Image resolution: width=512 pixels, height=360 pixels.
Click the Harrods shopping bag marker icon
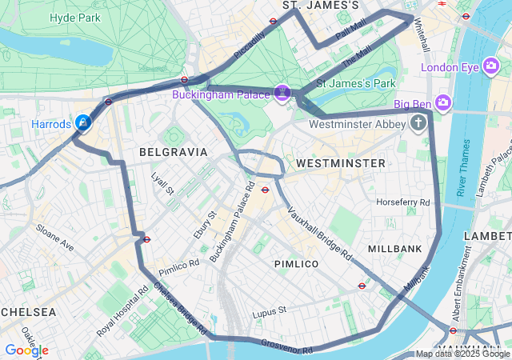(x=82, y=122)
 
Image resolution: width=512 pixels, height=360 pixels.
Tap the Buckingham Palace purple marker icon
(x=282, y=94)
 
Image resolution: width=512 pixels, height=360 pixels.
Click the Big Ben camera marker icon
(x=444, y=103)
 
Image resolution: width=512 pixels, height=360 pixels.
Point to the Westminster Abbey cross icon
(x=418, y=123)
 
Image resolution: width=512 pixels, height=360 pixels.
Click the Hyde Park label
(x=74, y=17)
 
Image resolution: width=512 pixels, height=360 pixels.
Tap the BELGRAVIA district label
(x=173, y=151)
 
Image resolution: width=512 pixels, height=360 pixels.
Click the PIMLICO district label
(x=296, y=263)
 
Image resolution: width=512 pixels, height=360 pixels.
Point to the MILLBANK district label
(x=394, y=249)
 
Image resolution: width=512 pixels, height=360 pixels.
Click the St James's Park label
(x=356, y=82)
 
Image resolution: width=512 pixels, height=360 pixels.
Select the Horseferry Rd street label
(x=402, y=202)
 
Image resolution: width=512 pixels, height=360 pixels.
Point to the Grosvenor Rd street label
(x=286, y=346)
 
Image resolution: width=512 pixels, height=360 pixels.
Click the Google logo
(x=26, y=350)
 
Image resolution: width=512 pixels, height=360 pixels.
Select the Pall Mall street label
(x=350, y=32)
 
